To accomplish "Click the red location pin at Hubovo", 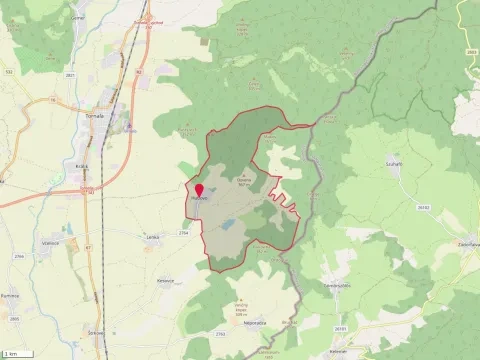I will point(198,190).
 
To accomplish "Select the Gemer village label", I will point(78,18).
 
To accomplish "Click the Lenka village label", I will point(152,236).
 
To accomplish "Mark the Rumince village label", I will point(13,296).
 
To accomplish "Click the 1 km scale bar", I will point(12,354).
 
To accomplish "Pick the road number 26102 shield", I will point(424,207).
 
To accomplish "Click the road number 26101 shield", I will point(340,327).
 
